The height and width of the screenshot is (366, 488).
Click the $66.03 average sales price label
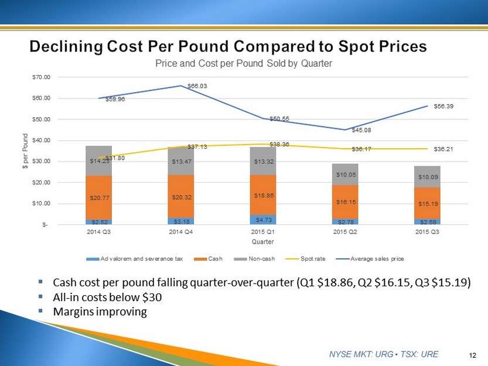coord(197,86)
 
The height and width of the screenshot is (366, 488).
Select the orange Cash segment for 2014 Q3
coord(98,197)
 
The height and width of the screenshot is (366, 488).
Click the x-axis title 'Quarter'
coord(262,241)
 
